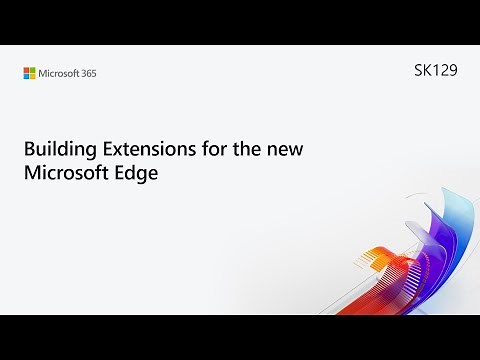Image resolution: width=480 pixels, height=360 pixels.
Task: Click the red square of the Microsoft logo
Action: click(x=27, y=69)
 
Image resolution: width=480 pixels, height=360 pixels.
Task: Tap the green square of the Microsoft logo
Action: click(x=33, y=69)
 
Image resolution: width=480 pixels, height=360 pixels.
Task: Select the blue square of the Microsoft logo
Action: click(x=27, y=75)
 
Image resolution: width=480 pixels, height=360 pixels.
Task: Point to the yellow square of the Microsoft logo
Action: click(x=33, y=75)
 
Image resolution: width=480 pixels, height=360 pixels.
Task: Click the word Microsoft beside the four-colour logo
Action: click(x=60, y=72)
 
